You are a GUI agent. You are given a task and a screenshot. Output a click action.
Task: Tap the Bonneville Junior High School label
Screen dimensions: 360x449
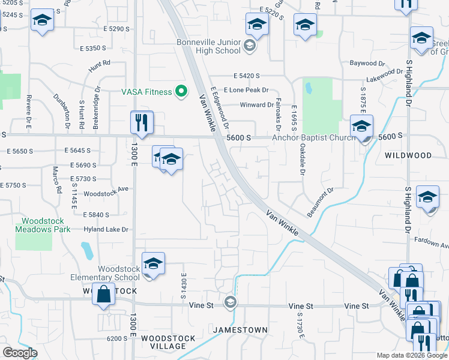(x=208, y=46)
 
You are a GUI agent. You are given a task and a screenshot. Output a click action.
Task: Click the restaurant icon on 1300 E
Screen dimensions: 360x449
(x=142, y=123)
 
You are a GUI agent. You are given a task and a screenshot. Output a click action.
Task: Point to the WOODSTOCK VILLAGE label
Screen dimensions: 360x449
(x=169, y=342)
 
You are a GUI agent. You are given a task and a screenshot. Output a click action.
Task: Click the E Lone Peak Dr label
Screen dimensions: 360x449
(x=244, y=89)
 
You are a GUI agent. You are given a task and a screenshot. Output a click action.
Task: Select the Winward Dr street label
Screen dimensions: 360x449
(x=256, y=105)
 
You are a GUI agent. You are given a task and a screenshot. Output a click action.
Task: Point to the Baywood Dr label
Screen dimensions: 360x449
(x=367, y=62)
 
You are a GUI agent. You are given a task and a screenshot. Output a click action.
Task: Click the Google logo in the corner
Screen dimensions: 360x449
(x=20, y=352)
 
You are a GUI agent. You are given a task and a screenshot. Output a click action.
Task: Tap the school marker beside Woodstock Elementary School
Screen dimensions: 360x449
(x=153, y=264)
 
